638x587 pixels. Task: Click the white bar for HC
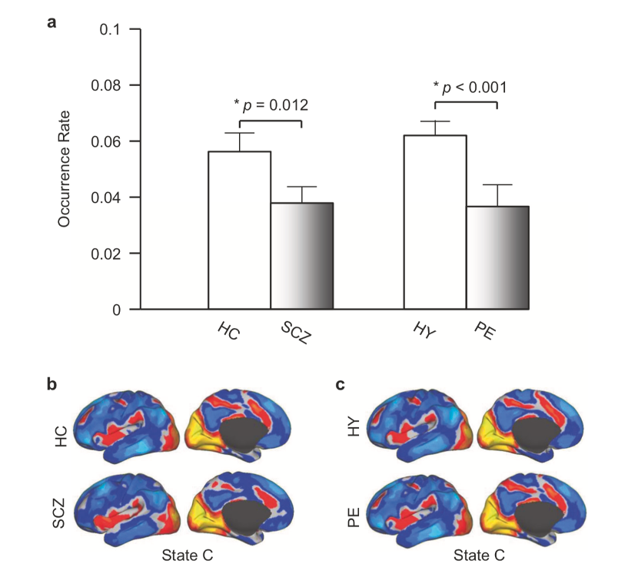239,230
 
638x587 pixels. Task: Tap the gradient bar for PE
497,257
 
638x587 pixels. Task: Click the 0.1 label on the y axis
111,29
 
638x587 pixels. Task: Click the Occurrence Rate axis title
64,170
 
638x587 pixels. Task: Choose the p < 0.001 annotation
470,86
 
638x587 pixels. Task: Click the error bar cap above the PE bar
497,184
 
